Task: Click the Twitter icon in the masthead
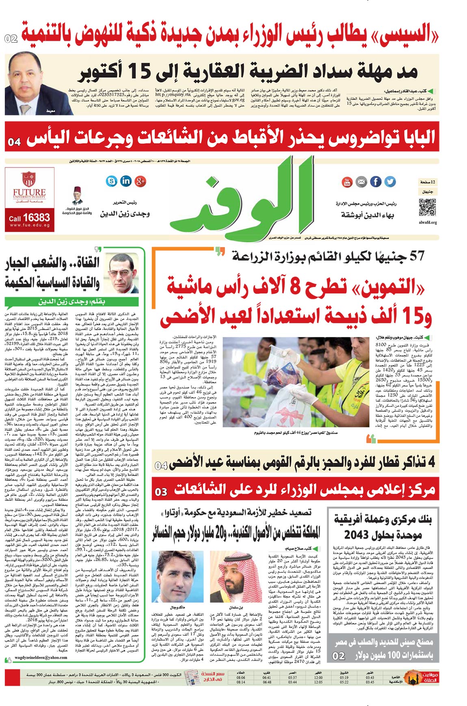pos(390,182)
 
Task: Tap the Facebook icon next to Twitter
pos(376,182)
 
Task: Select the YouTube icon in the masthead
pos(347,182)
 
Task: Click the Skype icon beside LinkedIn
pos(111,181)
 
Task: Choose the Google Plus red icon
pos(141,181)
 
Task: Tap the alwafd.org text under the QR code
pos(428,223)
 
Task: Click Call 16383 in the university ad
pos(29,218)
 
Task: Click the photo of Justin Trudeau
pos(177,576)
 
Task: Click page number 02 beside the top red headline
pos(11,39)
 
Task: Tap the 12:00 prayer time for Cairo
pos(318,678)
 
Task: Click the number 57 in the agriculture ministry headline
pos(417,256)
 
